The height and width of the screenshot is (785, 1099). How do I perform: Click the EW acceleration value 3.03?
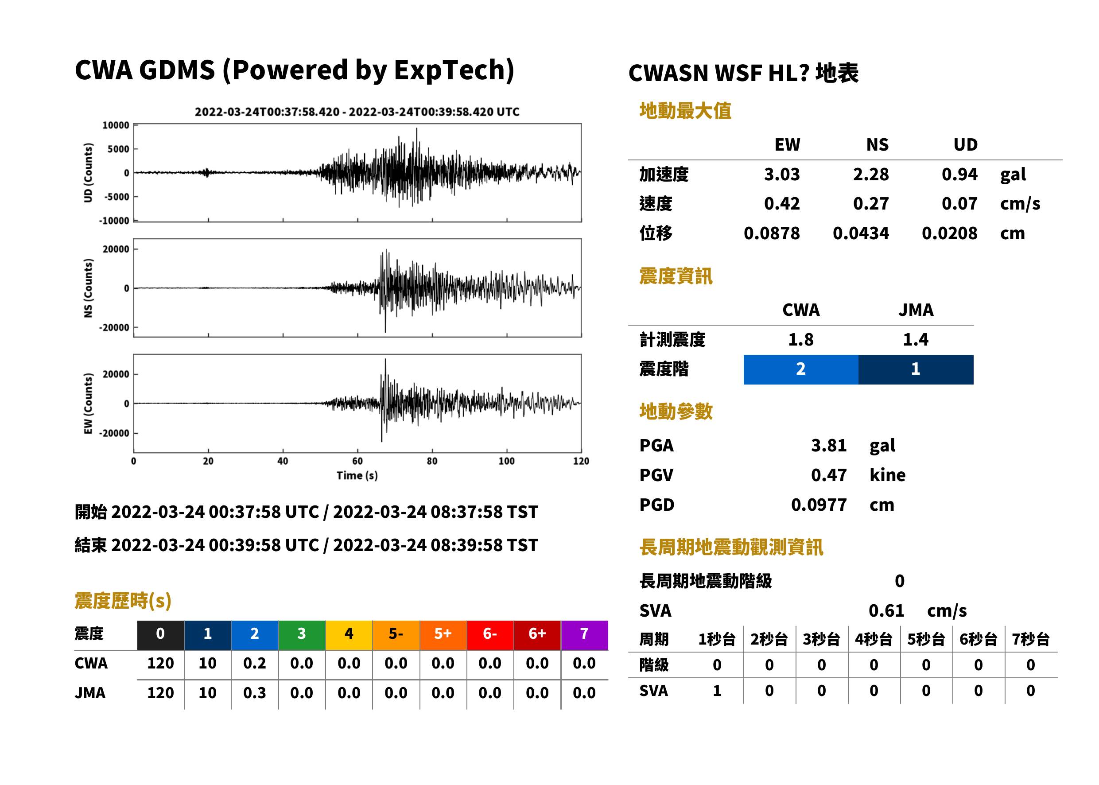[x=781, y=174]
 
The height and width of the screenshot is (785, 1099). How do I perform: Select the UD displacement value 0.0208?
[x=949, y=233]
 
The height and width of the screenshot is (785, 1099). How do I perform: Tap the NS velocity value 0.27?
[x=870, y=203]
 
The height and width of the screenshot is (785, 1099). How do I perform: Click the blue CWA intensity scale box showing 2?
[x=800, y=369]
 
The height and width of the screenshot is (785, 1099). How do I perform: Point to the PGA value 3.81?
[x=828, y=445]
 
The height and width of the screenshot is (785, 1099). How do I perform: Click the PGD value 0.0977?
[x=819, y=505]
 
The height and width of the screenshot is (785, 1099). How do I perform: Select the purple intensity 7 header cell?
[x=584, y=635]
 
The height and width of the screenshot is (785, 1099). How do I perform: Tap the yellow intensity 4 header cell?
[x=349, y=635]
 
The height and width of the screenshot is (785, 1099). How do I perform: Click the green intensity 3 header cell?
[x=302, y=635]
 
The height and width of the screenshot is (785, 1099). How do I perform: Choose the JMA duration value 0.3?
[x=255, y=693]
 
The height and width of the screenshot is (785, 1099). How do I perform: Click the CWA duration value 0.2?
[x=255, y=663]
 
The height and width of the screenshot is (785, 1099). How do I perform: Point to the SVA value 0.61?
[x=886, y=610]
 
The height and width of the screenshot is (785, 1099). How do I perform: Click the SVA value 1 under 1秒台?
[x=717, y=691]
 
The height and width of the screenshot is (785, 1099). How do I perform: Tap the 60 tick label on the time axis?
[x=357, y=461]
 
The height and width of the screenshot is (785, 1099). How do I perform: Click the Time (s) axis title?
[x=357, y=476]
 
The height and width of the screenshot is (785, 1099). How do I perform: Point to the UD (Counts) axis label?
[x=88, y=173]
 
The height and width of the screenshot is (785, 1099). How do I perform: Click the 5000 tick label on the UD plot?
[x=118, y=149]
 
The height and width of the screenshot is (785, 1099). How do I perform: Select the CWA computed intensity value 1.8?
[x=800, y=339]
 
